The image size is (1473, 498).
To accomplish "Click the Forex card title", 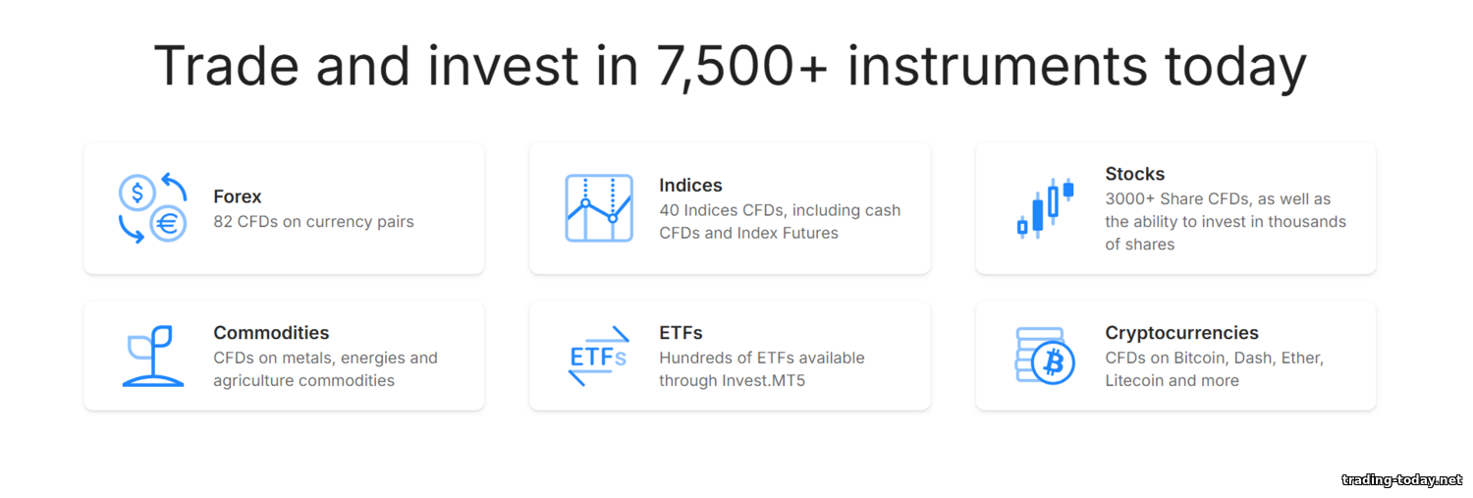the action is coord(238,196).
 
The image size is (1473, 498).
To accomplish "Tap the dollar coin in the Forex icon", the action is coord(136,193).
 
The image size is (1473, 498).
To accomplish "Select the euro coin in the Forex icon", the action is coord(168,224).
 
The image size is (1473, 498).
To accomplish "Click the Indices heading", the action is coord(690,186).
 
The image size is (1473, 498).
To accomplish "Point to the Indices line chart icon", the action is coord(599,208).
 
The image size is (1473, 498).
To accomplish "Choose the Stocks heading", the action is coord(1134,174).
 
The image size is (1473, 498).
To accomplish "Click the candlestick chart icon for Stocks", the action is coord(1045,208).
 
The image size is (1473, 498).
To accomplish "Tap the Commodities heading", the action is coord(271,333).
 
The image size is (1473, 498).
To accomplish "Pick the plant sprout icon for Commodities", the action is coord(152,356).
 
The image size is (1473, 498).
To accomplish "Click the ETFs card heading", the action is coord(681,333).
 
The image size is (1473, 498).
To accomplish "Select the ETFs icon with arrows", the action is coord(599,356).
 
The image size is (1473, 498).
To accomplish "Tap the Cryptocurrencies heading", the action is coord(1181,333).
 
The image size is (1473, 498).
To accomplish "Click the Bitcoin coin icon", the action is coord(1053,362).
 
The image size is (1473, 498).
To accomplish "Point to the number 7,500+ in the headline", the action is coord(741,67).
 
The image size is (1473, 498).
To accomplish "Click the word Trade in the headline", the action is coord(226,66).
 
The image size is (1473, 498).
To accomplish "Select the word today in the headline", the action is coord(1235,69).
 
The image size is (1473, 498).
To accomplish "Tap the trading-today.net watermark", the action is coord(1402,480).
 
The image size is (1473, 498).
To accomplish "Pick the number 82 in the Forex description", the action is coord(223,222).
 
